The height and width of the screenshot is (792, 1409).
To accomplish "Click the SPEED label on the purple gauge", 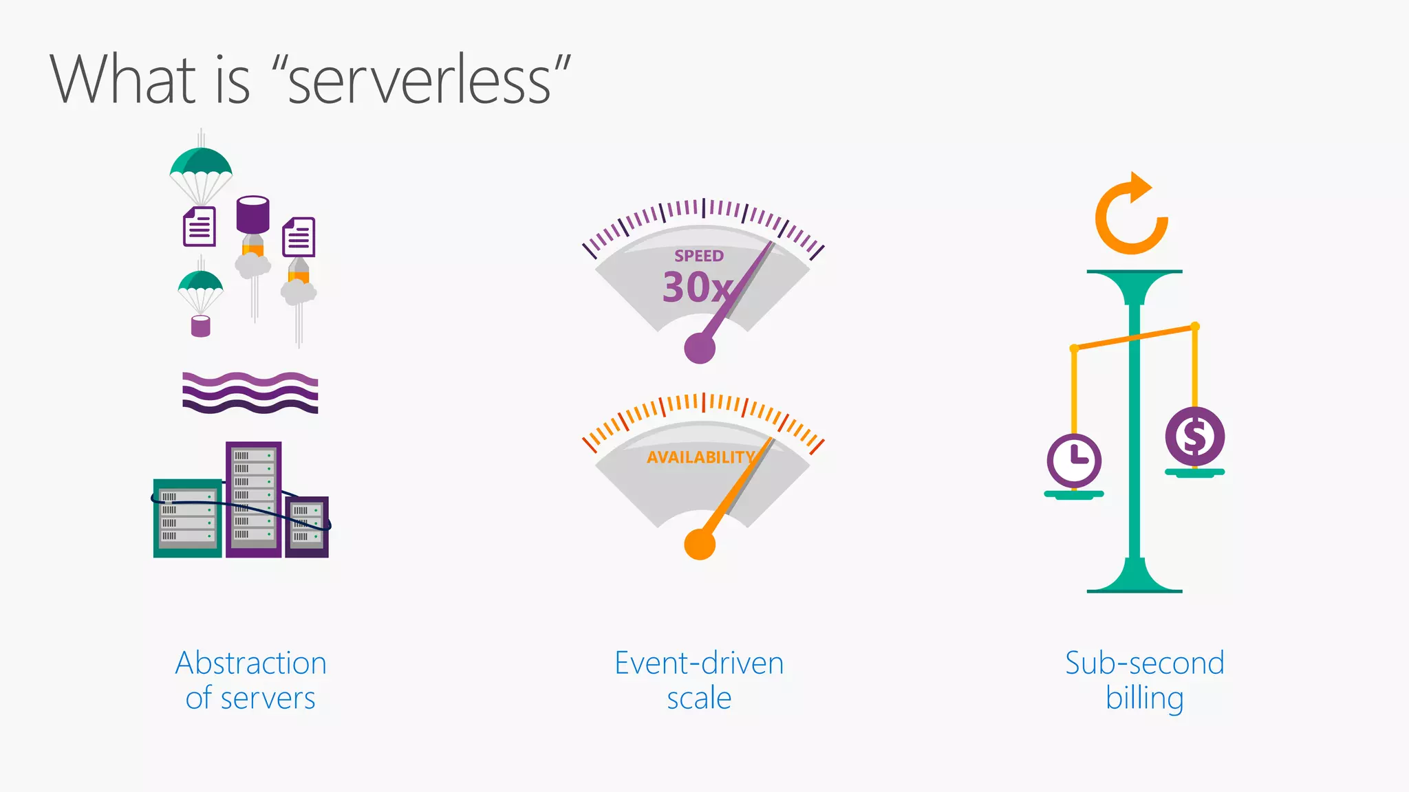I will pyautogui.click(x=698, y=256).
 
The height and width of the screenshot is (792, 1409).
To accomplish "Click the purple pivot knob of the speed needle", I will pyautogui.click(x=700, y=348).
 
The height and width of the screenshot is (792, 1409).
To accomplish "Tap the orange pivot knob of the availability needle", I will pyautogui.click(x=700, y=544).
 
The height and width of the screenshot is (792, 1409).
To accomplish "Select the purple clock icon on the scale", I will pyautogui.click(x=1074, y=460).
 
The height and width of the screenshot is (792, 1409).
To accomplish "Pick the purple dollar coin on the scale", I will pyautogui.click(x=1195, y=437).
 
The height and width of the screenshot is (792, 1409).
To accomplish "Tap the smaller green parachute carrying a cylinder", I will pyautogui.click(x=200, y=287).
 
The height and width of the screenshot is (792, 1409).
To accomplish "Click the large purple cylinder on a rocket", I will pyautogui.click(x=252, y=214).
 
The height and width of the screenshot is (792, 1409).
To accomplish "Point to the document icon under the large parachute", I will pyautogui.click(x=200, y=226).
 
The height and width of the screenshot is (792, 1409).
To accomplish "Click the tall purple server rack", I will pyautogui.click(x=253, y=498).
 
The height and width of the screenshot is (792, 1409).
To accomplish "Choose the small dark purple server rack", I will pyautogui.click(x=307, y=527).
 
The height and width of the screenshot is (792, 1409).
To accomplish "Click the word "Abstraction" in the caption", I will pyautogui.click(x=251, y=663).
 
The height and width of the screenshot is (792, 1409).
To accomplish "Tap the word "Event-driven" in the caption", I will pyautogui.click(x=699, y=663).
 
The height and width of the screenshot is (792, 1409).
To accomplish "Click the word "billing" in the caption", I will pyautogui.click(x=1144, y=698).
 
